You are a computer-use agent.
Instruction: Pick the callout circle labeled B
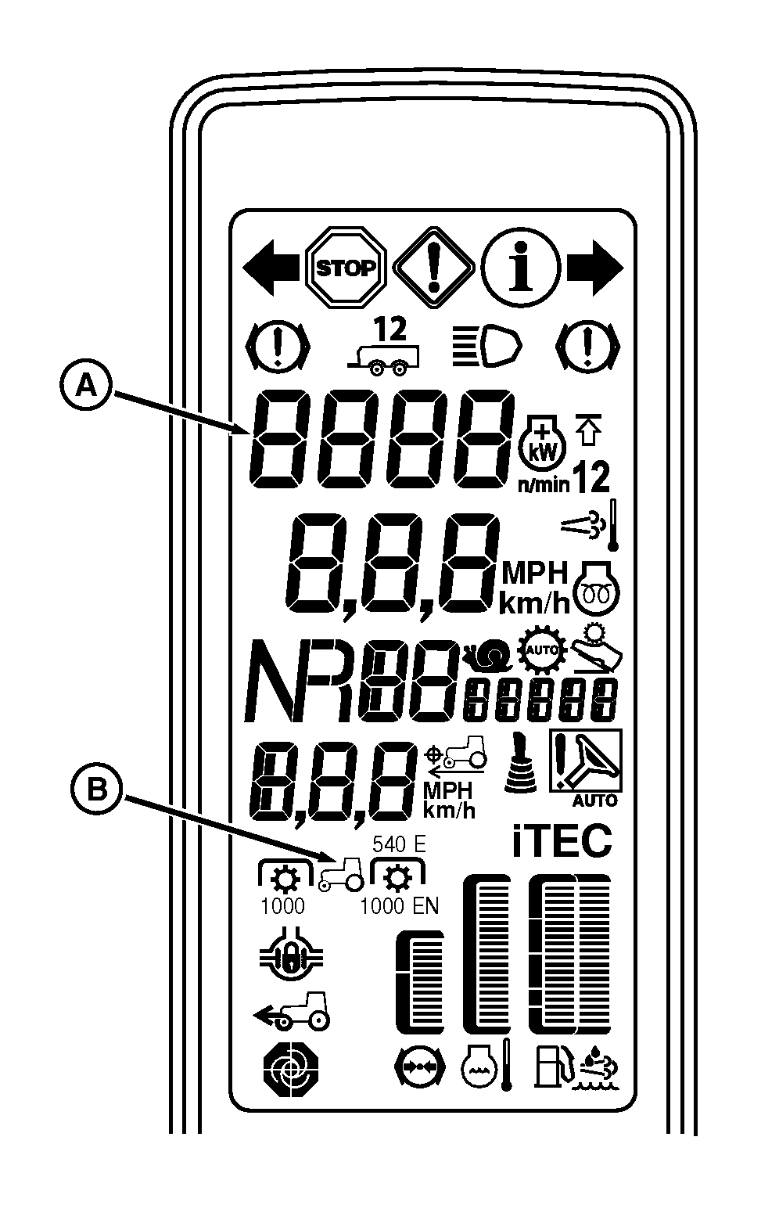pyautogui.click(x=95, y=790)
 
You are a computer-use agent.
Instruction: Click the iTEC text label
pyautogui.click(x=562, y=842)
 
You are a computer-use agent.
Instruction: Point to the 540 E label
pyautogui.click(x=399, y=844)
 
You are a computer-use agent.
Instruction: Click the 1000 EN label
pyautogui.click(x=399, y=906)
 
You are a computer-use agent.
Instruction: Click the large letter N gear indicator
pyautogui.click(x=278, y=682)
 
